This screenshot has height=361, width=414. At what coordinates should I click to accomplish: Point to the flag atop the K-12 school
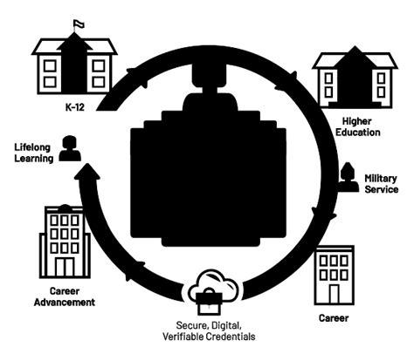pyautogui.click(x=79, y=23)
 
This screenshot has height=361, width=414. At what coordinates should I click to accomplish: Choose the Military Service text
pyautogui.click(x=381, y=183)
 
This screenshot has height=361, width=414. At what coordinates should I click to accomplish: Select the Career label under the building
pyautogui.click(x=335, y=318)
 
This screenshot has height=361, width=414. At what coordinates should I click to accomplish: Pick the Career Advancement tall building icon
pyautogui.click(x=62, y=242)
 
